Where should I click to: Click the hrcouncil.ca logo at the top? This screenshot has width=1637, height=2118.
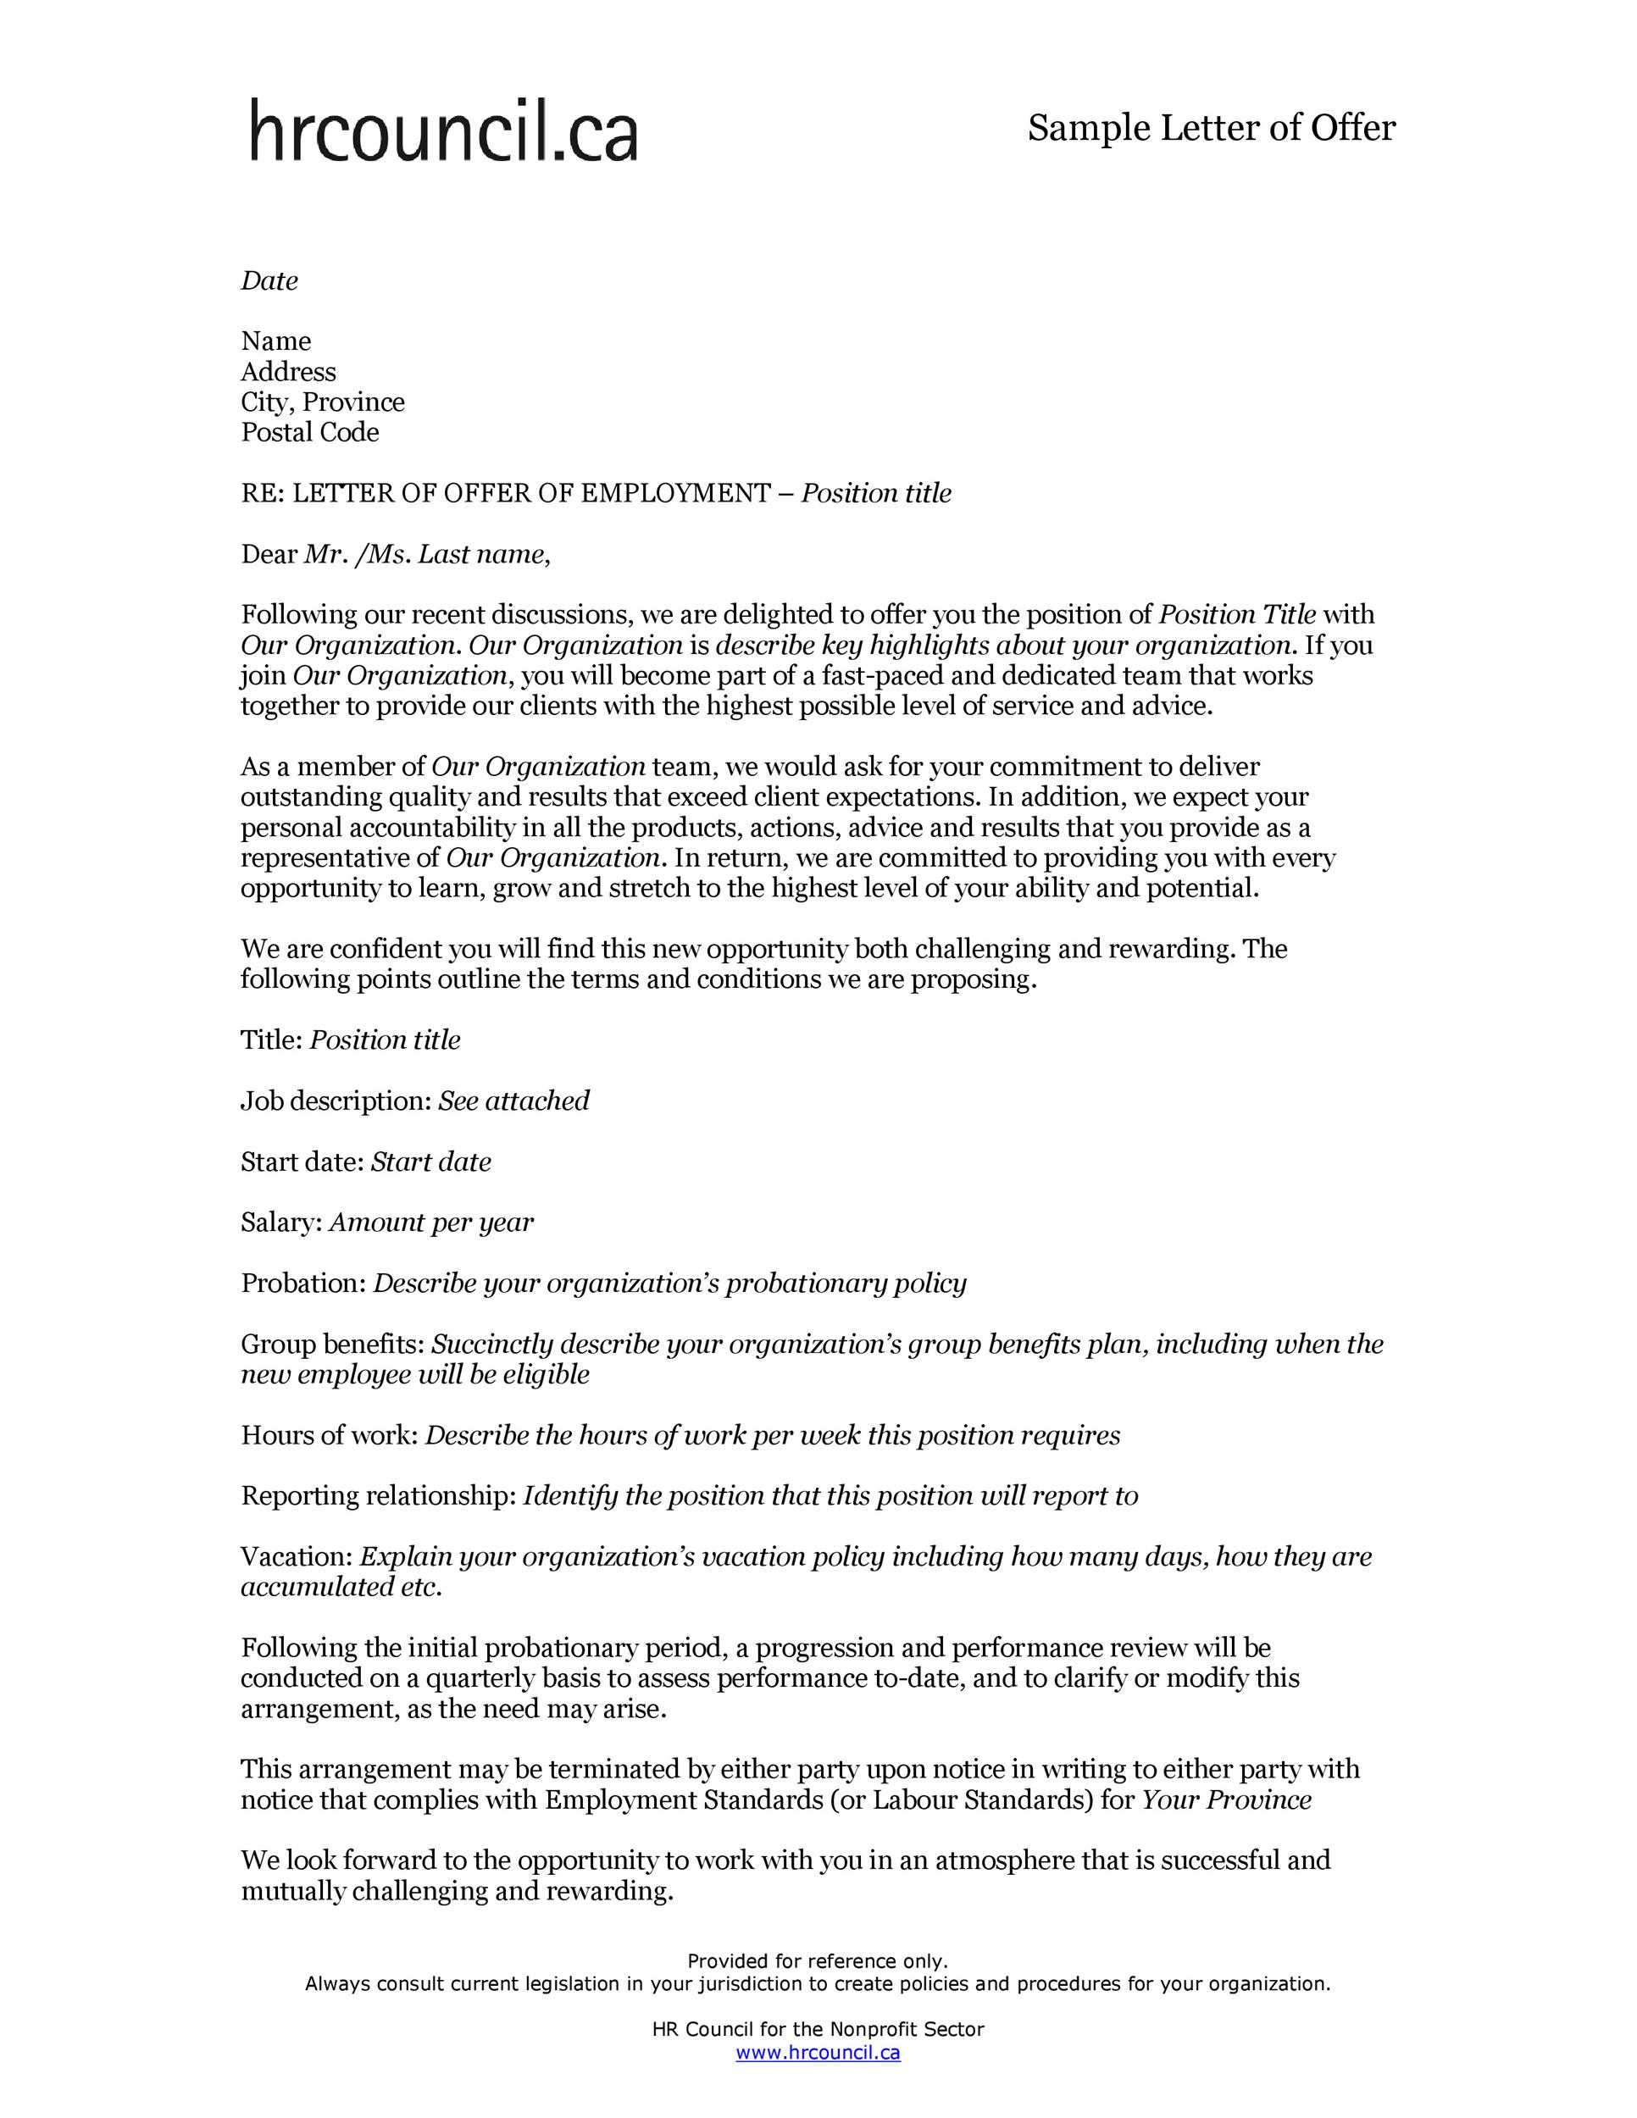point(443,130)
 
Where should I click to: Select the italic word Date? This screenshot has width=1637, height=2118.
point(269,281)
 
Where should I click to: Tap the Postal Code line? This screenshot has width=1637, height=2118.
point(309,433)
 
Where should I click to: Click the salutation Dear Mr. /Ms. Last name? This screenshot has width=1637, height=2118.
point(396,555)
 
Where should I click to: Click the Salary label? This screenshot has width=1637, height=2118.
point(280,1222)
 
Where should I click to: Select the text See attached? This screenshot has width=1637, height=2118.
point(514,1101)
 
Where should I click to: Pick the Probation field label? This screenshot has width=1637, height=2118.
point(302,1283)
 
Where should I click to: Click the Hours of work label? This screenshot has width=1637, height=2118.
point(328,1435)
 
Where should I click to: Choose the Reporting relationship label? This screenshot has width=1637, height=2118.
point(378,1495)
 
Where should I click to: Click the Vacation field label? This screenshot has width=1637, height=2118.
point(296,1556)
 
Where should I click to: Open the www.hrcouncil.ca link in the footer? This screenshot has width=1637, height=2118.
point(818,2052)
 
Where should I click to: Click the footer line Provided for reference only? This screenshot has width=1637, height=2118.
point(818,1961)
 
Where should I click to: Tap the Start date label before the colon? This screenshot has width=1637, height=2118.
point(301,1162)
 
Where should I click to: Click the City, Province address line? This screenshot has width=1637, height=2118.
point(323,402)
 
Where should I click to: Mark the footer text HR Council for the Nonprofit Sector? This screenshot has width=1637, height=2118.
point(818,2029)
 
